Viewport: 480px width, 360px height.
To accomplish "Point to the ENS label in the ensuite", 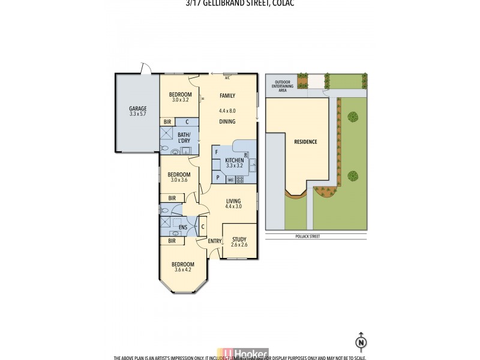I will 184,227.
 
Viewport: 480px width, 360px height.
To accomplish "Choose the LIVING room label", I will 233,201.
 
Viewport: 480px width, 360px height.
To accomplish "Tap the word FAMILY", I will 227,96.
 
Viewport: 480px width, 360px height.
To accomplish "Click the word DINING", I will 227,122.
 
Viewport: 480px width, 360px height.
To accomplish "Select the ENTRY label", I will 214,241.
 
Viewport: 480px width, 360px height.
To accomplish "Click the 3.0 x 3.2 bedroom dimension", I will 179,100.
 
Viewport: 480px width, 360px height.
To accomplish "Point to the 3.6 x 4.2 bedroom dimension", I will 182,270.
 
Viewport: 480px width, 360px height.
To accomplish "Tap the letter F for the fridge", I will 217,152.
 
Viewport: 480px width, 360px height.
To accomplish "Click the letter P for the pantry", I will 217,178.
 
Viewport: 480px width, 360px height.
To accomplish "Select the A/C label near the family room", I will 227,78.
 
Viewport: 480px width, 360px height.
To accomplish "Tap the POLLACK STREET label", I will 307,236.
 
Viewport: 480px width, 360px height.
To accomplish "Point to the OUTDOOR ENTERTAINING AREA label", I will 283,86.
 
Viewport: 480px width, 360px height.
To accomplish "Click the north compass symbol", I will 361,341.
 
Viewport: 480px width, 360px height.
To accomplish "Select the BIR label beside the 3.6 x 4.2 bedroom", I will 172,241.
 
